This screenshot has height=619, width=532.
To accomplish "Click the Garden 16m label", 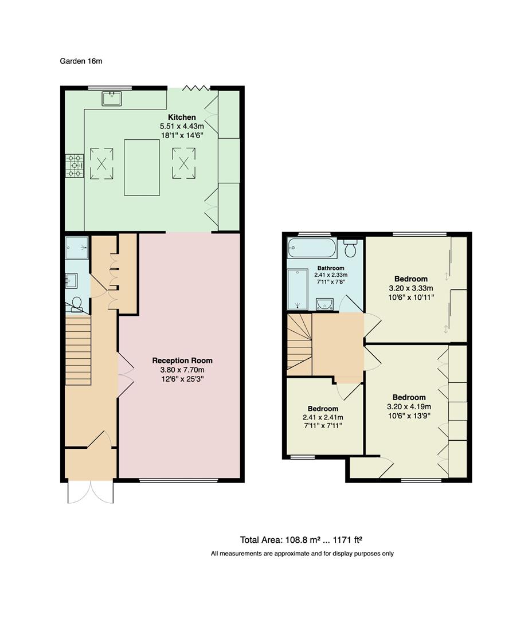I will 81,61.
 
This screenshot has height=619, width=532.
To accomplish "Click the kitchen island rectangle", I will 142,167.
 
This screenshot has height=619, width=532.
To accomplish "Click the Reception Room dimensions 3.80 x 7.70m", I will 182,370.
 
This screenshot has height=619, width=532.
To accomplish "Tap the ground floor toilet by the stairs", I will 77,307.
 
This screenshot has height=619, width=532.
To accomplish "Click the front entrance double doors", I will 91,492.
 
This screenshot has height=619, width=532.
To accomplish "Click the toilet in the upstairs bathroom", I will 351,249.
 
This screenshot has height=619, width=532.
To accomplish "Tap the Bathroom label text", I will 330,268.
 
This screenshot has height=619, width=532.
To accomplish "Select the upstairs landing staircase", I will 299,343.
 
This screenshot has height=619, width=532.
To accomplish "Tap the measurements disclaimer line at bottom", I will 302,554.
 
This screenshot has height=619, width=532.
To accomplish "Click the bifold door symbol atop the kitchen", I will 196,88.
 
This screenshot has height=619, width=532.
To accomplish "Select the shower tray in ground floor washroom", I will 77,248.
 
